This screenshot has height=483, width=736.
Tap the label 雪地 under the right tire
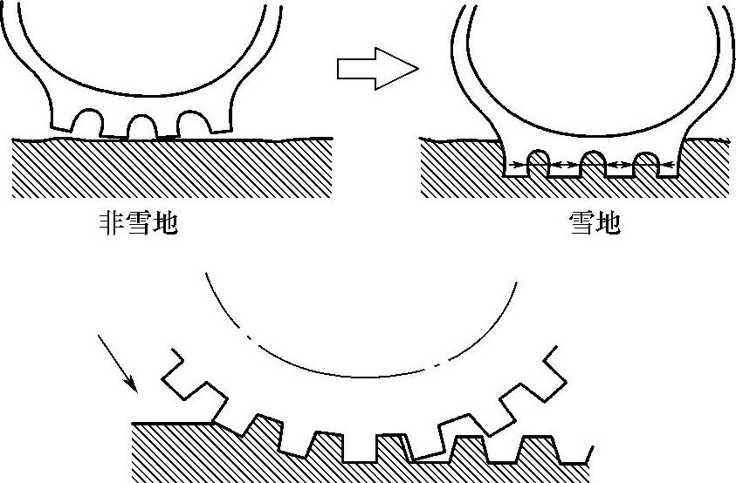point(594,224)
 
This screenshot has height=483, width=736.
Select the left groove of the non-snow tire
point(88,123)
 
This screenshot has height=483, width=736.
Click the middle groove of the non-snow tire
point(141,127)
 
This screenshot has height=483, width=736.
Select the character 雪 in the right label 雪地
point(581,224)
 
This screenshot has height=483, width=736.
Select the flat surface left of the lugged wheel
point(170,424)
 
